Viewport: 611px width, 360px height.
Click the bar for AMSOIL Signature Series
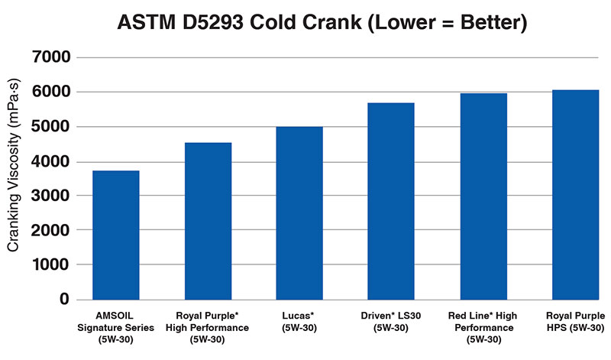(x=116, y=235)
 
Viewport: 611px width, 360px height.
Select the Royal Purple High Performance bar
(x=208, y=221)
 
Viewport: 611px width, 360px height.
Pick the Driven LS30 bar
(x=391, y=201)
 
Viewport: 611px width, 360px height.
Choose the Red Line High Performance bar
(x=483, y=196)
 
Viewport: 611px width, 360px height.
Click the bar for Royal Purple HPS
(x=575, y=195)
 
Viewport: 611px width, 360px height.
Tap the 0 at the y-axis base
(x=65, y=299)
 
